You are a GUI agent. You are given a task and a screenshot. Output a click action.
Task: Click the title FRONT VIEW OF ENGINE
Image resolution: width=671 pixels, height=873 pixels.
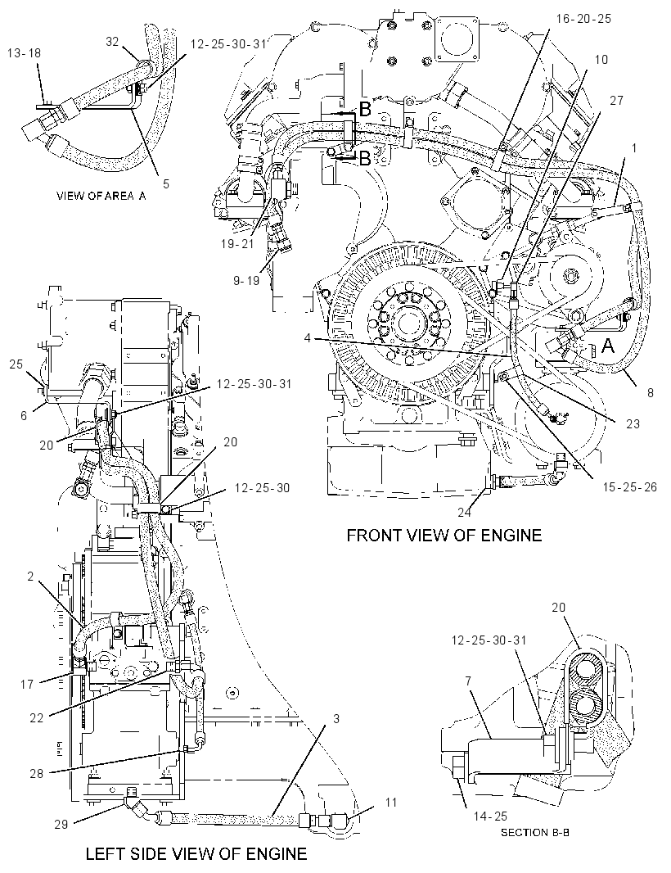point(444,535)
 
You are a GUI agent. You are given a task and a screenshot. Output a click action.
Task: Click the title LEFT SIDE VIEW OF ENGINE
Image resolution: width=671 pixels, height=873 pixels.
point(196,853)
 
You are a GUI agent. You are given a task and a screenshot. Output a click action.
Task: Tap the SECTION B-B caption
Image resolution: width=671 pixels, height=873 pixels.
point(534,833)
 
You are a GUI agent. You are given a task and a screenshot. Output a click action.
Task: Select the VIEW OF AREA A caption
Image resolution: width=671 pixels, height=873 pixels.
point(101,196)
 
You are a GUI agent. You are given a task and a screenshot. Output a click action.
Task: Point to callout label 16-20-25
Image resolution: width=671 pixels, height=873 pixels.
point(583,18)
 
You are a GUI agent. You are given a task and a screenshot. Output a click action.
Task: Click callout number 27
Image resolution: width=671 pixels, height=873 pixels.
point(616,100)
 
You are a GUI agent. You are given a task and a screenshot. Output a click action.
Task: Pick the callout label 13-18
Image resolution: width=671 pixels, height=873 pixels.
point(24,53)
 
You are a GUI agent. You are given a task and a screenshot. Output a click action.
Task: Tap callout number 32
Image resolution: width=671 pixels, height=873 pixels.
point(113,41)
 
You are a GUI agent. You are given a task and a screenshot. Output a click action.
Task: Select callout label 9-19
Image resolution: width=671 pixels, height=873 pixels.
point(246,281)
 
